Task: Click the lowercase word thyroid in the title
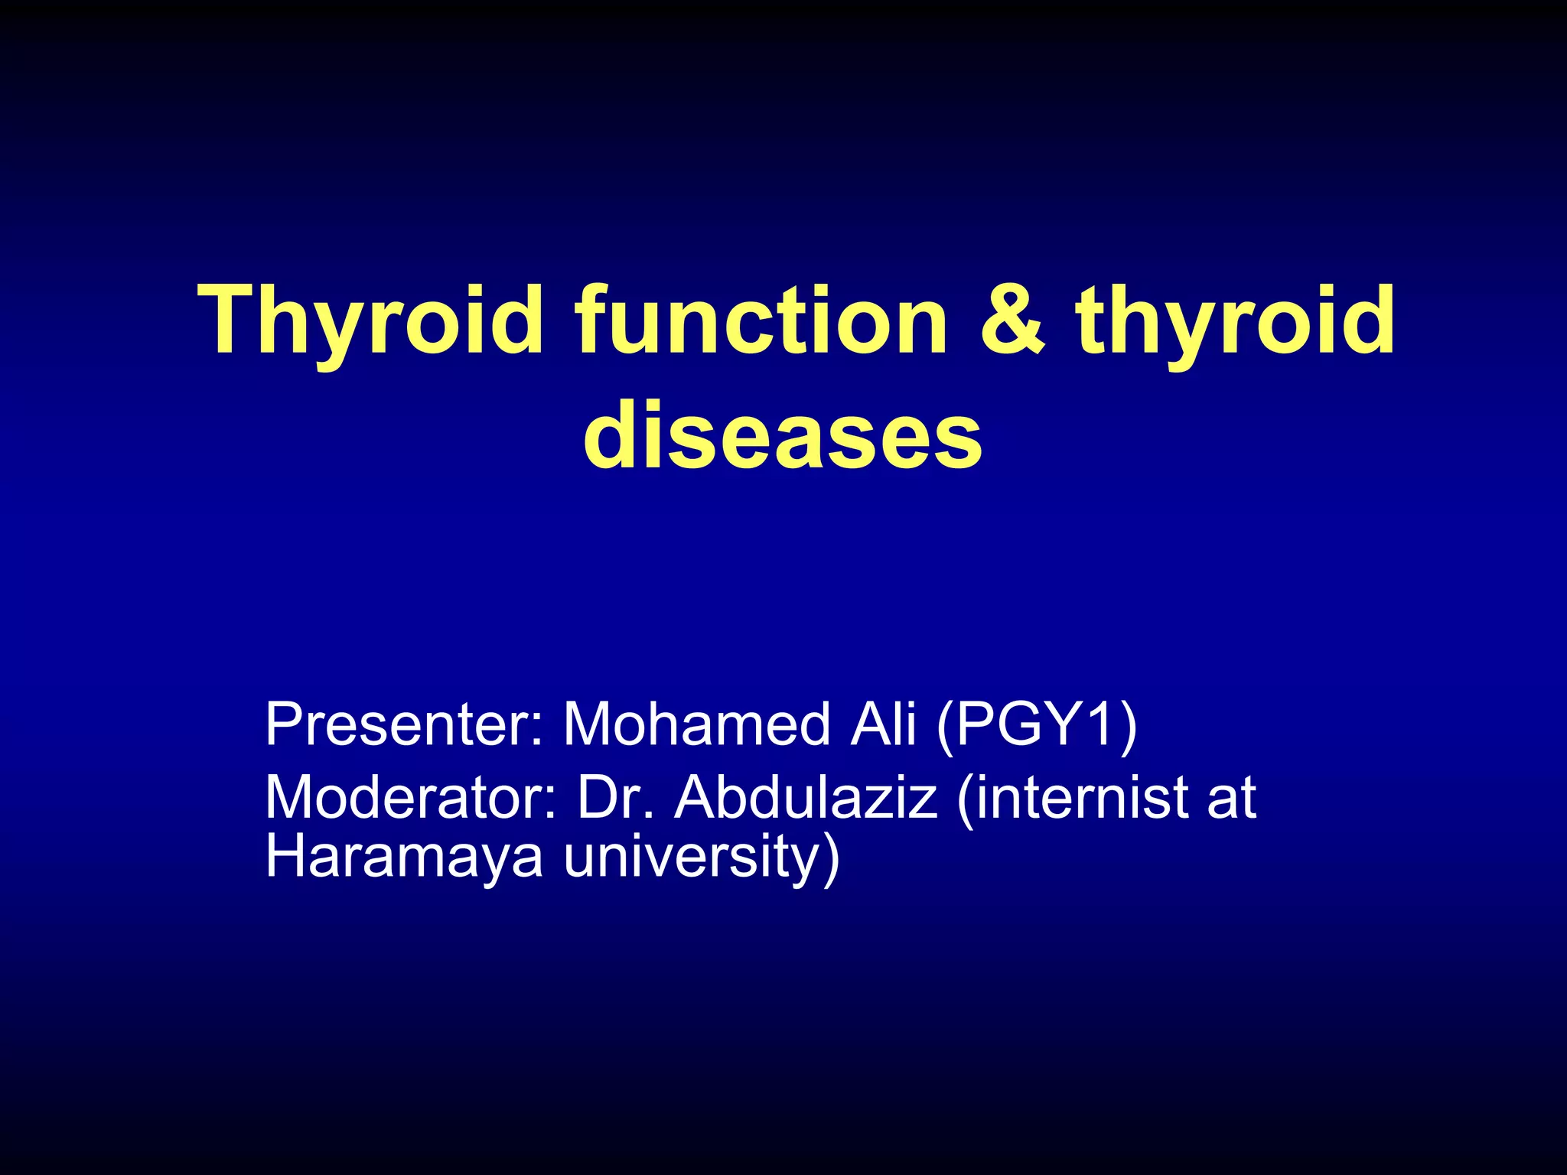(1235, 321)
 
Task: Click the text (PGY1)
(1037, 725)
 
